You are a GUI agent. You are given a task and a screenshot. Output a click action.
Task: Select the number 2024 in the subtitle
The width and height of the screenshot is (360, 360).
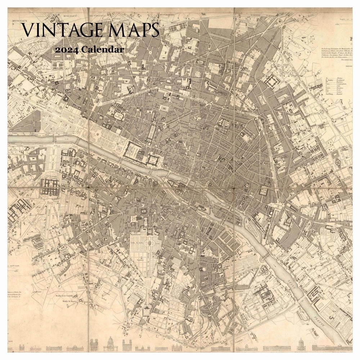click(67, 49)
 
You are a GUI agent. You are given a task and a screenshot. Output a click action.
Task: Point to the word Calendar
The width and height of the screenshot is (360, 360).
click(103, 49)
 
